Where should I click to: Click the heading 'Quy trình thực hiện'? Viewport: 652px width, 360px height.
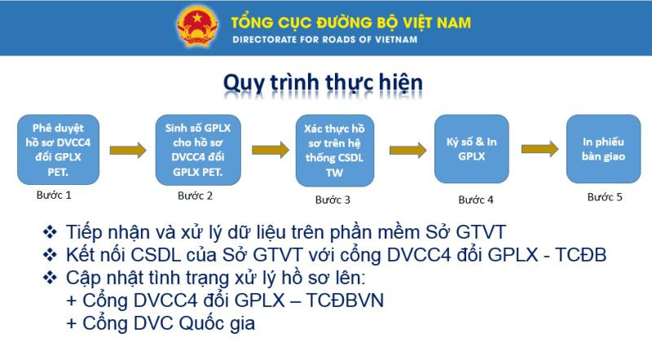tap(323, 85)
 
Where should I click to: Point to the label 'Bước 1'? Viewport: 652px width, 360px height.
tap(54, 195)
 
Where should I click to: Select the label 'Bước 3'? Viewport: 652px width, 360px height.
tap(333, 200)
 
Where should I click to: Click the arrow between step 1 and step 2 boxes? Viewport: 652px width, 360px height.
tap(126, 150)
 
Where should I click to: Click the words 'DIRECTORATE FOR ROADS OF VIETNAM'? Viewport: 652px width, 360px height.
tap(324, 39)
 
